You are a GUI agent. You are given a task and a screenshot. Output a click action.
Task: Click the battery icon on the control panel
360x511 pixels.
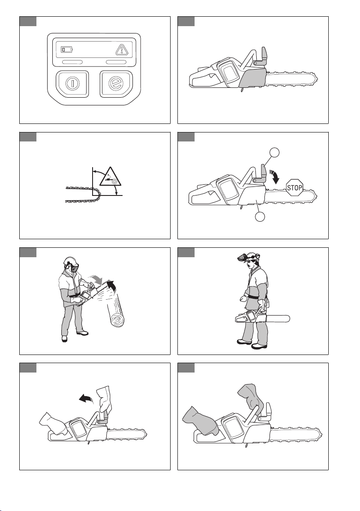coord(67,50)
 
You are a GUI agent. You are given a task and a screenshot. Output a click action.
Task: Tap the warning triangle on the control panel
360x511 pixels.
coord(121,50)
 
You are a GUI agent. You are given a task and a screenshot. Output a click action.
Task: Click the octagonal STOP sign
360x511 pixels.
coord(294,187)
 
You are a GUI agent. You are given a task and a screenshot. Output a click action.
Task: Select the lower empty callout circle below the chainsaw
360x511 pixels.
coord(260,216)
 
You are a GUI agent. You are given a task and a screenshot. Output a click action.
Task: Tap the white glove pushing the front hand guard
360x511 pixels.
coord(104,398)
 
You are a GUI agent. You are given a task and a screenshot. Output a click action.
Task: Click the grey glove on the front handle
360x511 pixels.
coord(250,396)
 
